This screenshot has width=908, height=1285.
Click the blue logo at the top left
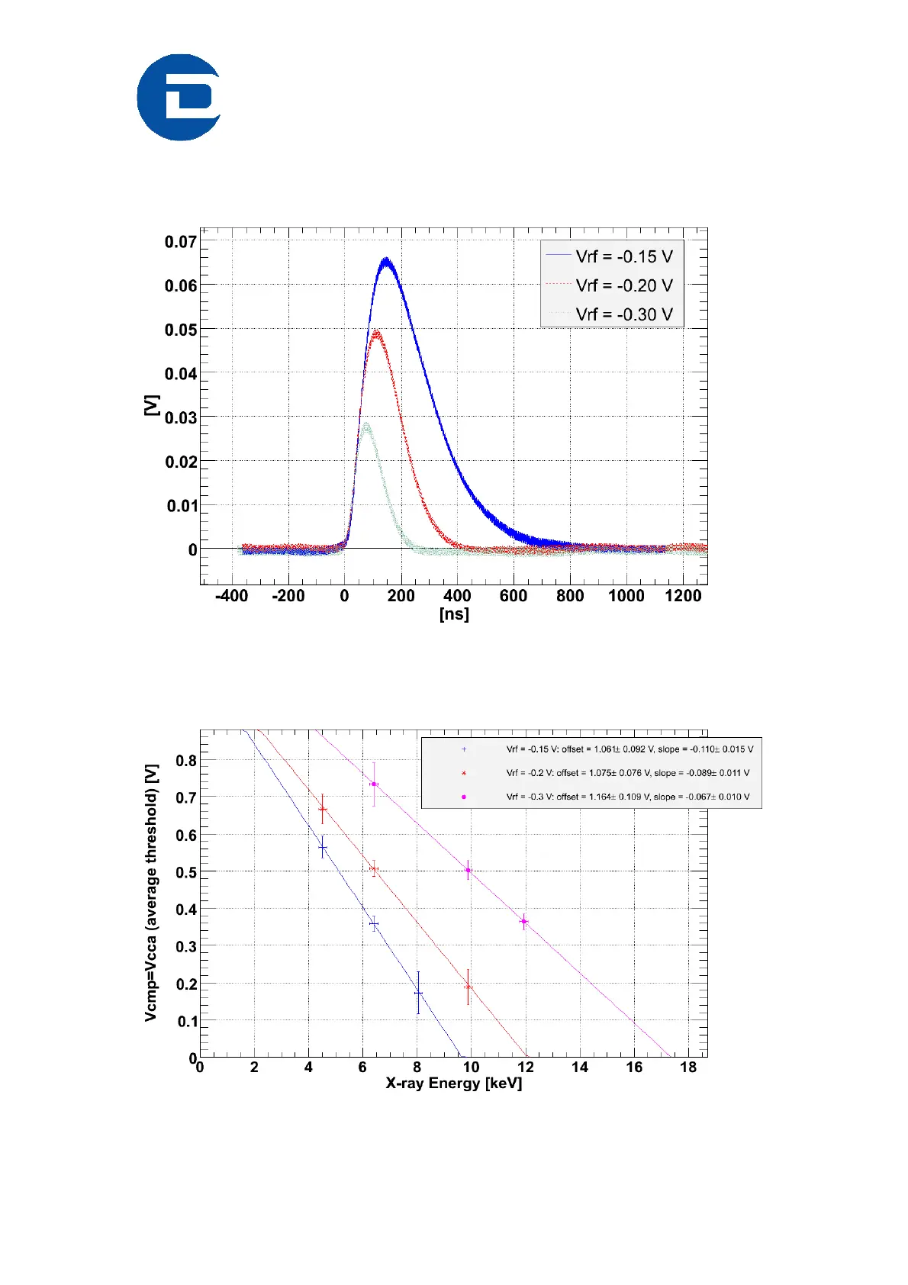pyautogui.click(x=179, y=97)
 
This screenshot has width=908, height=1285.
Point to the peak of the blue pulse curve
pyautogui.click(x=387, y=261)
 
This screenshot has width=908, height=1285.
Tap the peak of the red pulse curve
pyautogui.click(x=376, y=332)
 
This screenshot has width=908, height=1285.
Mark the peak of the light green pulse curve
pyautogui.click(x=366, y=424)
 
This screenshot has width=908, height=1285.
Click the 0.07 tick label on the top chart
pyautogui.click(x=181, y=242)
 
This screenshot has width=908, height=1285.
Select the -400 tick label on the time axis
pyautogui.click(x=231, y=596)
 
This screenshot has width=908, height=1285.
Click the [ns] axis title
pyautogui.click(x=454, y=614)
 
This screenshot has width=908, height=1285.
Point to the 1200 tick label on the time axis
pyautogui.click(x=683, y=596)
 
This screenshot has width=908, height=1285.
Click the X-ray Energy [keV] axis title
pyautogui.click(x=454, y=1084)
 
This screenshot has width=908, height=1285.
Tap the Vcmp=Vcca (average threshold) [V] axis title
pyautogui.click(x=151, y=893)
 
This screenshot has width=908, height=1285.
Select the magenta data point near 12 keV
pyautogui.click(x=524, y=922)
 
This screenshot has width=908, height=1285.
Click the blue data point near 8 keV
pyautogui.click(x=418, y=993)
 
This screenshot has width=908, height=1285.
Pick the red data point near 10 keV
pyautogui.click(x=468, y=987)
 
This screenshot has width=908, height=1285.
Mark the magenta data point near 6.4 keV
pyautogui.click(x=374, y=784)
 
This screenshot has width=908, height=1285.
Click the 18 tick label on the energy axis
pyautogui.click(x=688, y=1068)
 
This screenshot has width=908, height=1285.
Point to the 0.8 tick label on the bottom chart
pyautogui.click(x=186, y=761)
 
